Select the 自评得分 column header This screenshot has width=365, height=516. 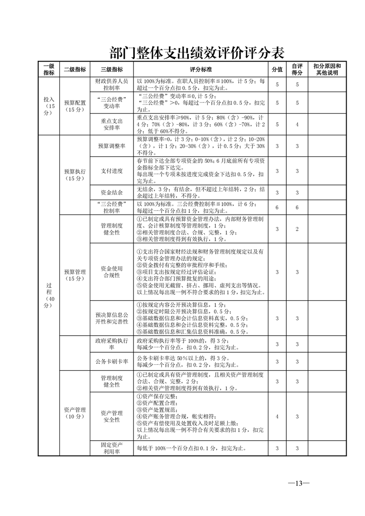297,69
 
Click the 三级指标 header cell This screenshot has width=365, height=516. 111,69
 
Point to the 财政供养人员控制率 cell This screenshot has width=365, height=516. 111,84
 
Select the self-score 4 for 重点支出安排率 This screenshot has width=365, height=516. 297,124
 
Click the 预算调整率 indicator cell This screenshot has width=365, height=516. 111,146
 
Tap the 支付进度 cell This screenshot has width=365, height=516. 111,171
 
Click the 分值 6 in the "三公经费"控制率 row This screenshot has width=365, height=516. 277,208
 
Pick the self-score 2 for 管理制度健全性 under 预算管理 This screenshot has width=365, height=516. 297,229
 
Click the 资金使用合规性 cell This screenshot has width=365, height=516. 111,272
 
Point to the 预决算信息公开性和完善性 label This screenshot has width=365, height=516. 111,318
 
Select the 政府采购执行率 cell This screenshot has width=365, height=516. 111,344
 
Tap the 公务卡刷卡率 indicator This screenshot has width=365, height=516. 111,361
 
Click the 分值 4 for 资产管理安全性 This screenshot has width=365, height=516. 277,416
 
